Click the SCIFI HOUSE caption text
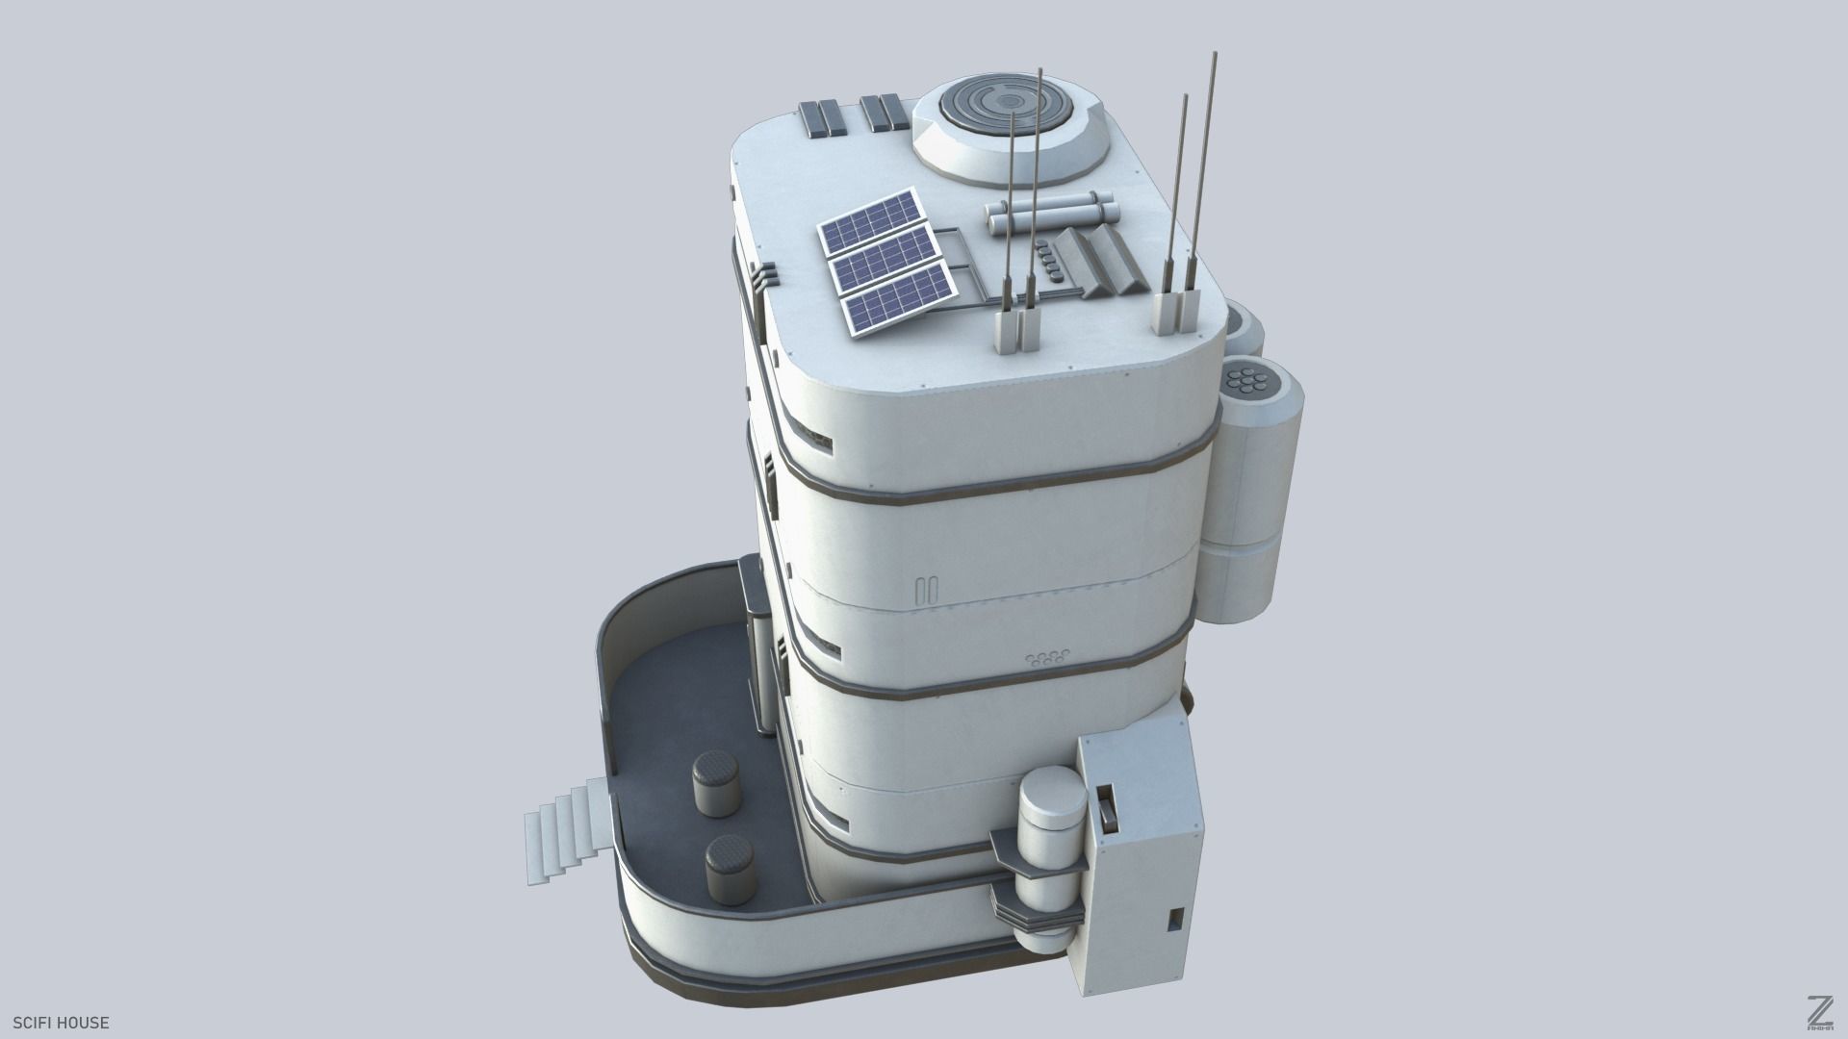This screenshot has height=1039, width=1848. click(x=61, y=1023)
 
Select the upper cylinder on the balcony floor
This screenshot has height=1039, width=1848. click(x=714, y=786)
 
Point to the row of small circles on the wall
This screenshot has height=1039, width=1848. click(x=1046, y=658)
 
